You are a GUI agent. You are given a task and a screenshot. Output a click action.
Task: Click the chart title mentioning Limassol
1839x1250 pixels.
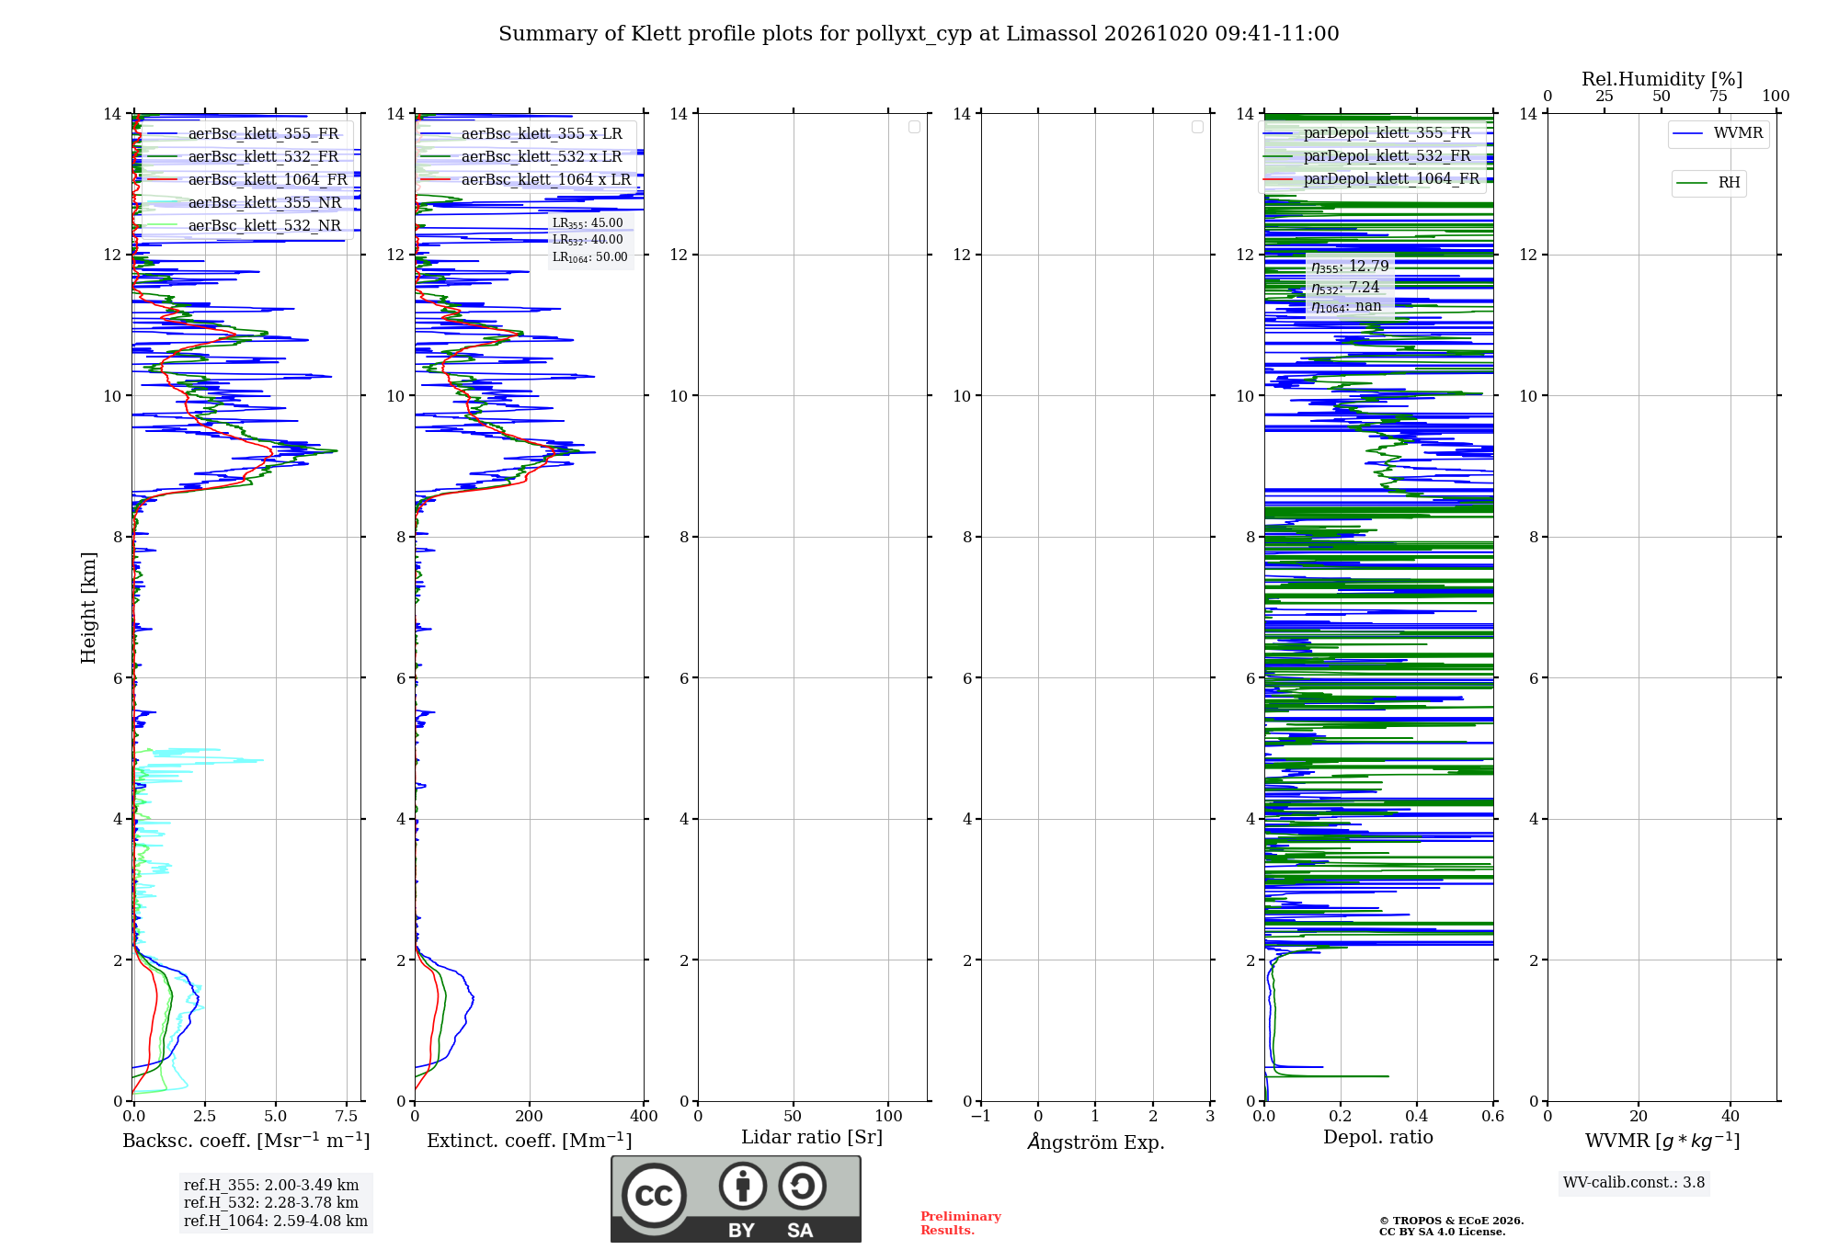[x=919, y=34]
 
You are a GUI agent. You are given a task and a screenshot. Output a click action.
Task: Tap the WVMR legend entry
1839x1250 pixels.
[x=1718, y=133]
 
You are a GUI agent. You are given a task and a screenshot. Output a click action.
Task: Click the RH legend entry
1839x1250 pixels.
[x=1708, y=183]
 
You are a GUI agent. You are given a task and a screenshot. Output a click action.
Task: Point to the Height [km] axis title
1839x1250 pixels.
[x=88, y=607]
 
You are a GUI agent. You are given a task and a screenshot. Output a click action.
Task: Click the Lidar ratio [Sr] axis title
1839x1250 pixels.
[x=812, y=1137]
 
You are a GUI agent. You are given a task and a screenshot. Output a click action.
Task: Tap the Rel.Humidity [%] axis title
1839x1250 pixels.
[x=1662, y=79]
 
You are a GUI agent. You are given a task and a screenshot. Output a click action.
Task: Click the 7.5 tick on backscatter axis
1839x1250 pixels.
[x=347, y=1116]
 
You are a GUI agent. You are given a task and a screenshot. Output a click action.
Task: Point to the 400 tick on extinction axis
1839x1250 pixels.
[x=644, y=1116]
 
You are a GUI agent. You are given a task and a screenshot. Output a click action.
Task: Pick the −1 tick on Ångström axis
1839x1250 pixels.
[x=981, y=1116]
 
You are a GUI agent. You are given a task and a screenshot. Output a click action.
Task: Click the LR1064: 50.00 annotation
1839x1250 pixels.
[x=589, y=257]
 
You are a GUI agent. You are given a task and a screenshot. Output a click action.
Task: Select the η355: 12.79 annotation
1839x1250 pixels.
[x=1350, y=267]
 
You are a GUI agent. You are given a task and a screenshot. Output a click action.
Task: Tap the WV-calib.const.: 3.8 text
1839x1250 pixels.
[x=1634, y=1182]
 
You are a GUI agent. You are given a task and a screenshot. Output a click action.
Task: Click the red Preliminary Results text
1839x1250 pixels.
[x=960, y=1222]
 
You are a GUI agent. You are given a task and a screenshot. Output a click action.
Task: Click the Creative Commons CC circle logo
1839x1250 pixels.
[x=654, y=1196]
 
